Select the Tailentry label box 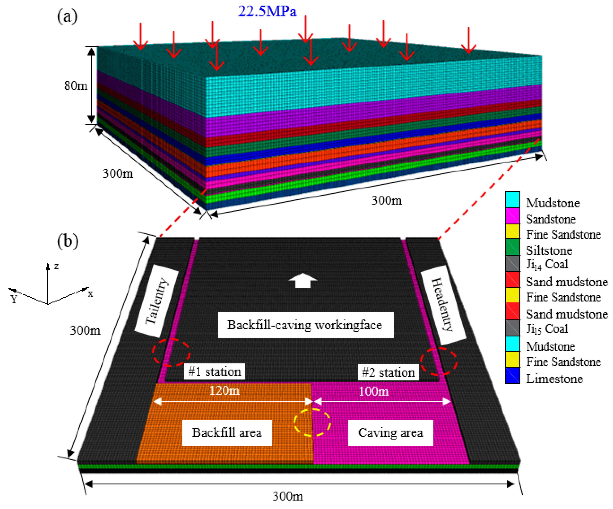coord(157,301)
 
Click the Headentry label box coord(443,305)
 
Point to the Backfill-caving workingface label coord(306,325)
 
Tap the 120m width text coord(224,391)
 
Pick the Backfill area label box coord(227,432)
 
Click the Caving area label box coord(391,432)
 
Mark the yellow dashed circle coord(312,422)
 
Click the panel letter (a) coord(67,16)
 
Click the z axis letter coord(56,266)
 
